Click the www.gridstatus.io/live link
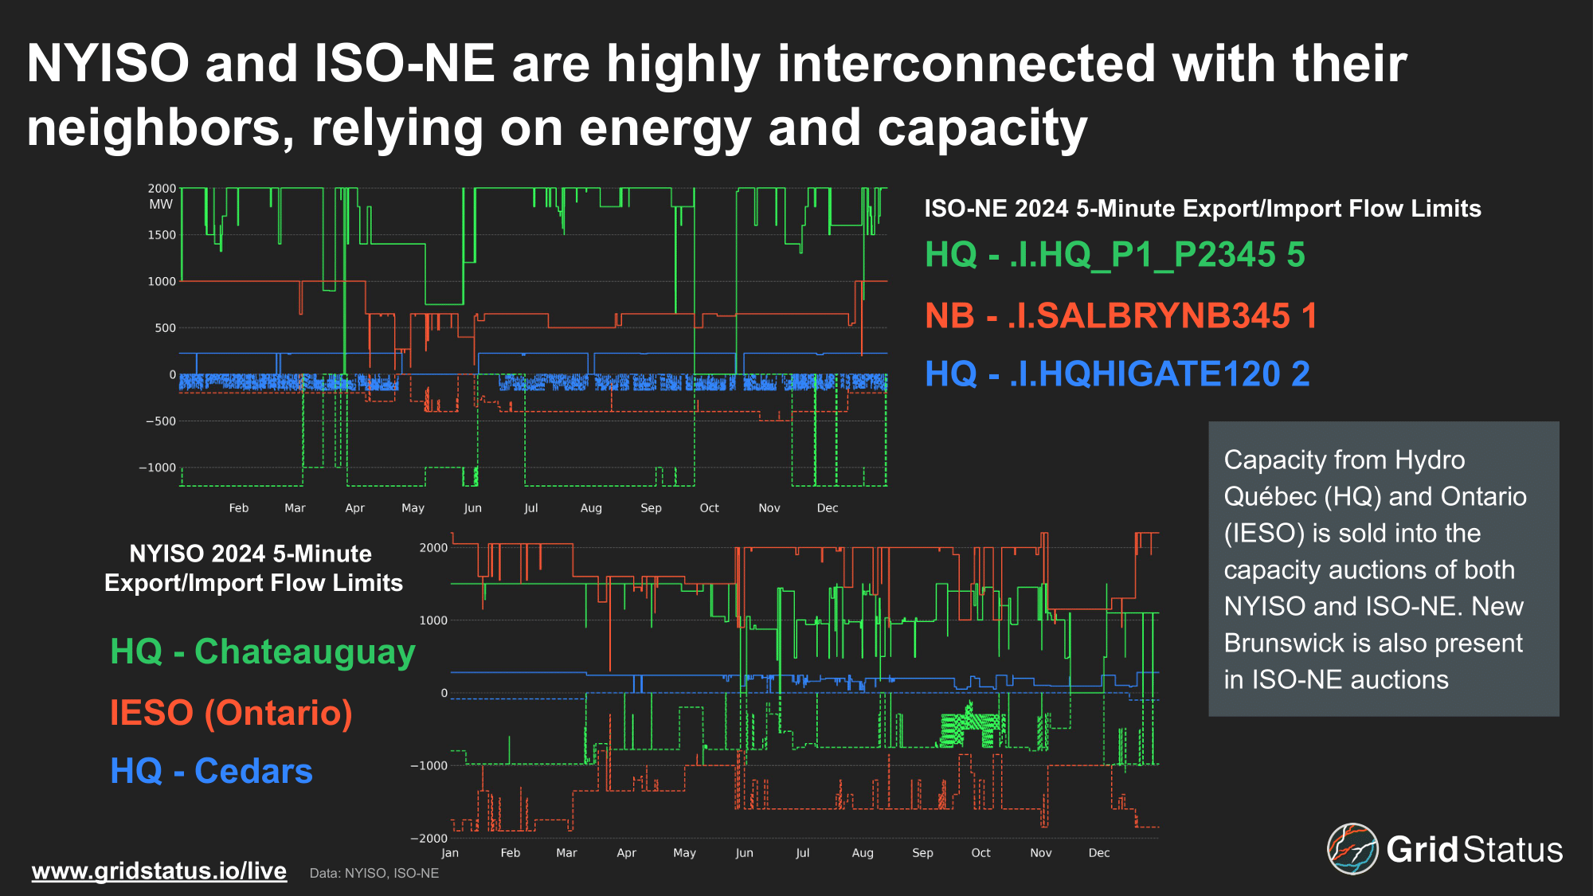coord(159,871)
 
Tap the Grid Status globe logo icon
coord(1352,849)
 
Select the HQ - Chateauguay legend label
coord(263,652)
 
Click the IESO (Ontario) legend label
coord(231,713)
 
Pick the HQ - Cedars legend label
coord(211,771)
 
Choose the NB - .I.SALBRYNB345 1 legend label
coord(1121,316)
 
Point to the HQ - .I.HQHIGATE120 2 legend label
coord(1117,374)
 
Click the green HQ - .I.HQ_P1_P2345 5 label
coord(1115,255)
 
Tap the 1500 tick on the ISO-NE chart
coord(162,235)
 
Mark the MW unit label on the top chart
coord(161,204)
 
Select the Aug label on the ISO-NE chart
coord(591,508)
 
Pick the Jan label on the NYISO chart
coord(450,853)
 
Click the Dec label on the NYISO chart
coord(1099,853)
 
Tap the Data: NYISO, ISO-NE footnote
coord(374,874)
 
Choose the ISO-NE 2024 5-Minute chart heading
coord(1203,209)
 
